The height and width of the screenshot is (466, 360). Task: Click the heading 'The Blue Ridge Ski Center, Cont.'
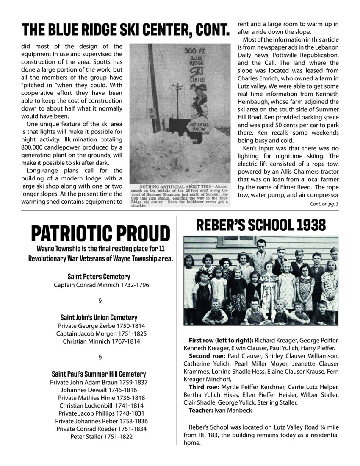coord(126,30)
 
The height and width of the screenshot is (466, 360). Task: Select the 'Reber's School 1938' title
coord(261,225)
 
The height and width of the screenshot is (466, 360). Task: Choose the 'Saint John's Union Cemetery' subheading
coord(99,317)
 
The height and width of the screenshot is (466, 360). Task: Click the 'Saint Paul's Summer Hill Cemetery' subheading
coord(99,374)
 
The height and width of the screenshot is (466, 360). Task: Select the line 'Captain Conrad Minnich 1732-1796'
coord(102,285)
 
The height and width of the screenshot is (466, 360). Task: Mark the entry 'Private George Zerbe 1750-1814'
coord(99,326)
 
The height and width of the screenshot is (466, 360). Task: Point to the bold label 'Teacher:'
coord(201,411)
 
